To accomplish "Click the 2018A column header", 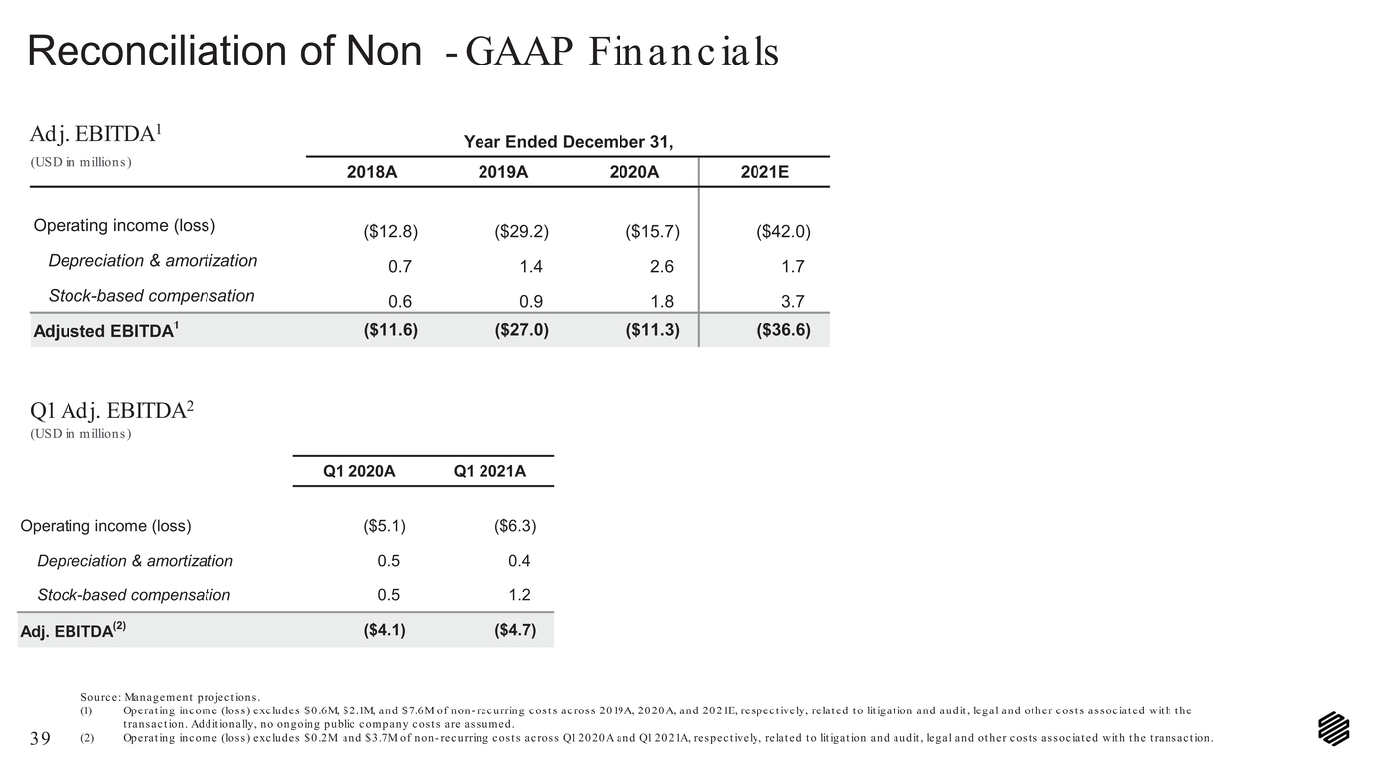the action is [x=372, y=172].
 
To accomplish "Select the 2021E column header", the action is [x=764, y=172].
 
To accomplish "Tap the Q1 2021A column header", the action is [x=489, y=471].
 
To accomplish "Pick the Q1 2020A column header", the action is [x=359, y=471].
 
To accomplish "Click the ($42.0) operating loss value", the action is [x=783, y=231].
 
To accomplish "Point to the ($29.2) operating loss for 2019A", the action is [x=522, y=231].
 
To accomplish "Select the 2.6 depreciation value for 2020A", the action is [x=662, y=267].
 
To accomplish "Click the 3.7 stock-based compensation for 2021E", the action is [x=793, y=301].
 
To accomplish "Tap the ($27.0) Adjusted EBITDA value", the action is [x=522, y=330].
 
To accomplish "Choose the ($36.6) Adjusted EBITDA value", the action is [x=783, y=330].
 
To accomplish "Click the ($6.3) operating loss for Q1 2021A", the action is [x=515, y=526].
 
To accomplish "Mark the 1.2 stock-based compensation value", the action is [x=519, y=595].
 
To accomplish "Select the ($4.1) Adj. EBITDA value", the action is [x=385, y=630].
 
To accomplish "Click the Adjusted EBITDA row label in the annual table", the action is [x=106, y=331].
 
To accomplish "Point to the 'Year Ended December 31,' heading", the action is [x=568, y=142].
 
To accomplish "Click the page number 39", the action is [x=40, y=738].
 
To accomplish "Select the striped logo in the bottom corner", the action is [x=1334, y=729].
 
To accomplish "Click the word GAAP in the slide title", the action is [x=519, y=51].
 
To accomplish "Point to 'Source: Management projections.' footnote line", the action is [x=171, y=698].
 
